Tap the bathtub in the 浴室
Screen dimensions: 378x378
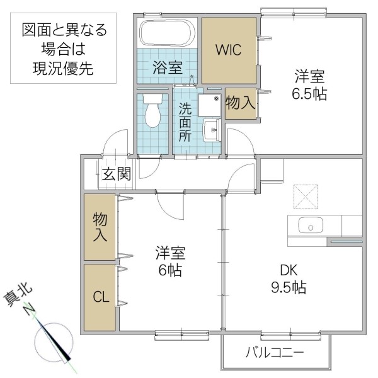click(x=168, y=33)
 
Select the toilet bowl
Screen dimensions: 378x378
click(x=152, y=112)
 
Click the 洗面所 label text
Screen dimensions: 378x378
click(x=185, y=122)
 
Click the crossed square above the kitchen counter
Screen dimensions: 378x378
click(x=309, y=197)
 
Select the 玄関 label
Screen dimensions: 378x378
click(x=117, y=173)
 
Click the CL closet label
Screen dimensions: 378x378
click(x=100, y=297)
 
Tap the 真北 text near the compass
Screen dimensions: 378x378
click(x=20, y=295)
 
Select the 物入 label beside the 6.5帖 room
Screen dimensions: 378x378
click(x=240, y=103)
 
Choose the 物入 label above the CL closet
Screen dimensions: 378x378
click(x=100, y=227)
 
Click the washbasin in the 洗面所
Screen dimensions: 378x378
click(x=210, y=130)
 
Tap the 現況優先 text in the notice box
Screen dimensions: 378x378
click(x=64, y=69)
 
